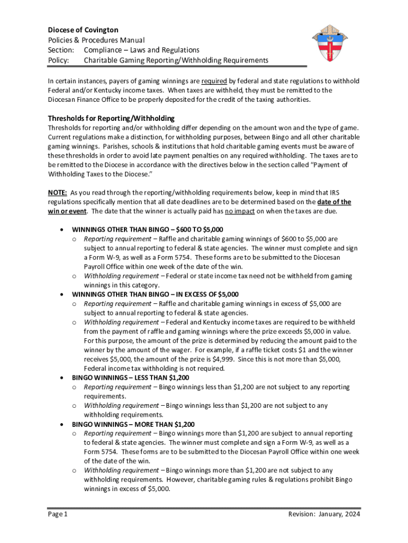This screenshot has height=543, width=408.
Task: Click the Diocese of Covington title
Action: pyautogui.click(x=83, y=30)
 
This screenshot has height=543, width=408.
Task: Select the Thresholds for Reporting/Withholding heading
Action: pyautogui.click(x=111, y=118)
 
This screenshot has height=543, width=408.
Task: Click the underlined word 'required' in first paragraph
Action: pyautogui.click(x=214, y=81)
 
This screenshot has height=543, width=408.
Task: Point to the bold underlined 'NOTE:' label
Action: pyautogui.click(x=58, y=192)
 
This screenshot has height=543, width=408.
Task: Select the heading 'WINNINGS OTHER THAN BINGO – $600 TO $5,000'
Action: pyautogui.click(x=148, y=230)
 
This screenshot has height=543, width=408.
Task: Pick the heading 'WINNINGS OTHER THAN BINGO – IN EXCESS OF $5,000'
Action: pyautogui.click(x=155, y=294)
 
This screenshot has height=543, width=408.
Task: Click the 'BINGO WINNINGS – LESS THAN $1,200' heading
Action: pyautogui.click(x=130, y=378)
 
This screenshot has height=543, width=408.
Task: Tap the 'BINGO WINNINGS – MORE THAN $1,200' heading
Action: pyautogui.click(x=133, y=424)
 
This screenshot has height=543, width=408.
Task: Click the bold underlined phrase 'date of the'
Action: pyautogui.click(x=334, y=202)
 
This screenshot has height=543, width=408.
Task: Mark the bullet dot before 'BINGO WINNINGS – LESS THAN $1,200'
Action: pyautogui.click(x=63, y=378)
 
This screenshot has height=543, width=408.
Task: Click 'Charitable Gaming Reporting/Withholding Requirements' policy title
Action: pyautogui.click(x=176, y=60)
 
